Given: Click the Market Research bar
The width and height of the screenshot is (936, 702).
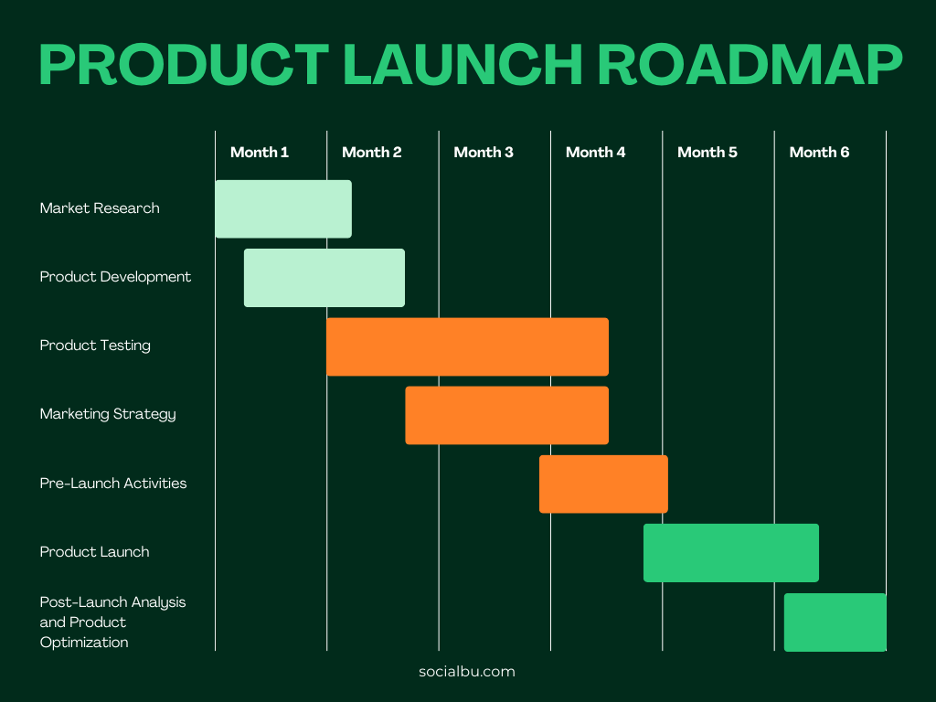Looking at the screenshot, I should click(x=283, y=208).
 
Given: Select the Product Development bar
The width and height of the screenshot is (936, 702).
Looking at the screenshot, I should click(x=324, y=277).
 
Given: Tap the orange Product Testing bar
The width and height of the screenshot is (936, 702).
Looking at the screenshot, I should click(x=467, y=346).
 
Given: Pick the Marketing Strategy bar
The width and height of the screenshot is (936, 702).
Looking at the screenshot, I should click(x=506, y=415).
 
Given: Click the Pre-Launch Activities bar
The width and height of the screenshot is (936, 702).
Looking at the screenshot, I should click(x=603, y=484).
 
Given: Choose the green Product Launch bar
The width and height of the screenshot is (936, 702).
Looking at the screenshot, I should click(x=730, y=552).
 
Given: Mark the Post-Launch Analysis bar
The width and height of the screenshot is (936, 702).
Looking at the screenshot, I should click(x=835, y=622).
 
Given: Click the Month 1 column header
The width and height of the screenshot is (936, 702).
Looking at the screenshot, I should click(x=260, y=152).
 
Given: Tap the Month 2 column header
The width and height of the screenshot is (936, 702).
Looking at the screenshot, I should click(x=371, y=152).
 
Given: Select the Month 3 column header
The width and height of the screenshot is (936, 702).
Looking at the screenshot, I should click(x=484, y=152).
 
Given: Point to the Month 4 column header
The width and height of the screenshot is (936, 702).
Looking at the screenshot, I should click(x=595, y=152).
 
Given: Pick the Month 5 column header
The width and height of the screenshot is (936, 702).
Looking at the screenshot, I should click(x=707, y=152).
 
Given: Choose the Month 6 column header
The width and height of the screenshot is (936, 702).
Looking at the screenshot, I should click(x=819, y=152).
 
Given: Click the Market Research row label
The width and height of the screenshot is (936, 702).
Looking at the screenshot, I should click(x=100, y=208).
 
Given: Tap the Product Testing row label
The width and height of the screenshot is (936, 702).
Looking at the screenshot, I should click(x=95, y=346).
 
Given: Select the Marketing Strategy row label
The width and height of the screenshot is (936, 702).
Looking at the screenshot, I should click(x=108, y=414).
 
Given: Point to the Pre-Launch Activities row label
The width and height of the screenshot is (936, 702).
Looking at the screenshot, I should click(x=113, y=483).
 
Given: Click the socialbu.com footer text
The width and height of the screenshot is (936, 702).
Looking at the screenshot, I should click(x=467, y=671).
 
